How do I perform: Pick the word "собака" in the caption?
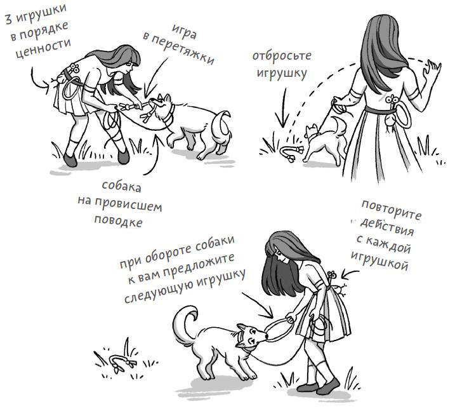pyautogui.click(x=122, y=189)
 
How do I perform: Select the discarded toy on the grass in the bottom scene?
pyautogui.click(x=121, y=363)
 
